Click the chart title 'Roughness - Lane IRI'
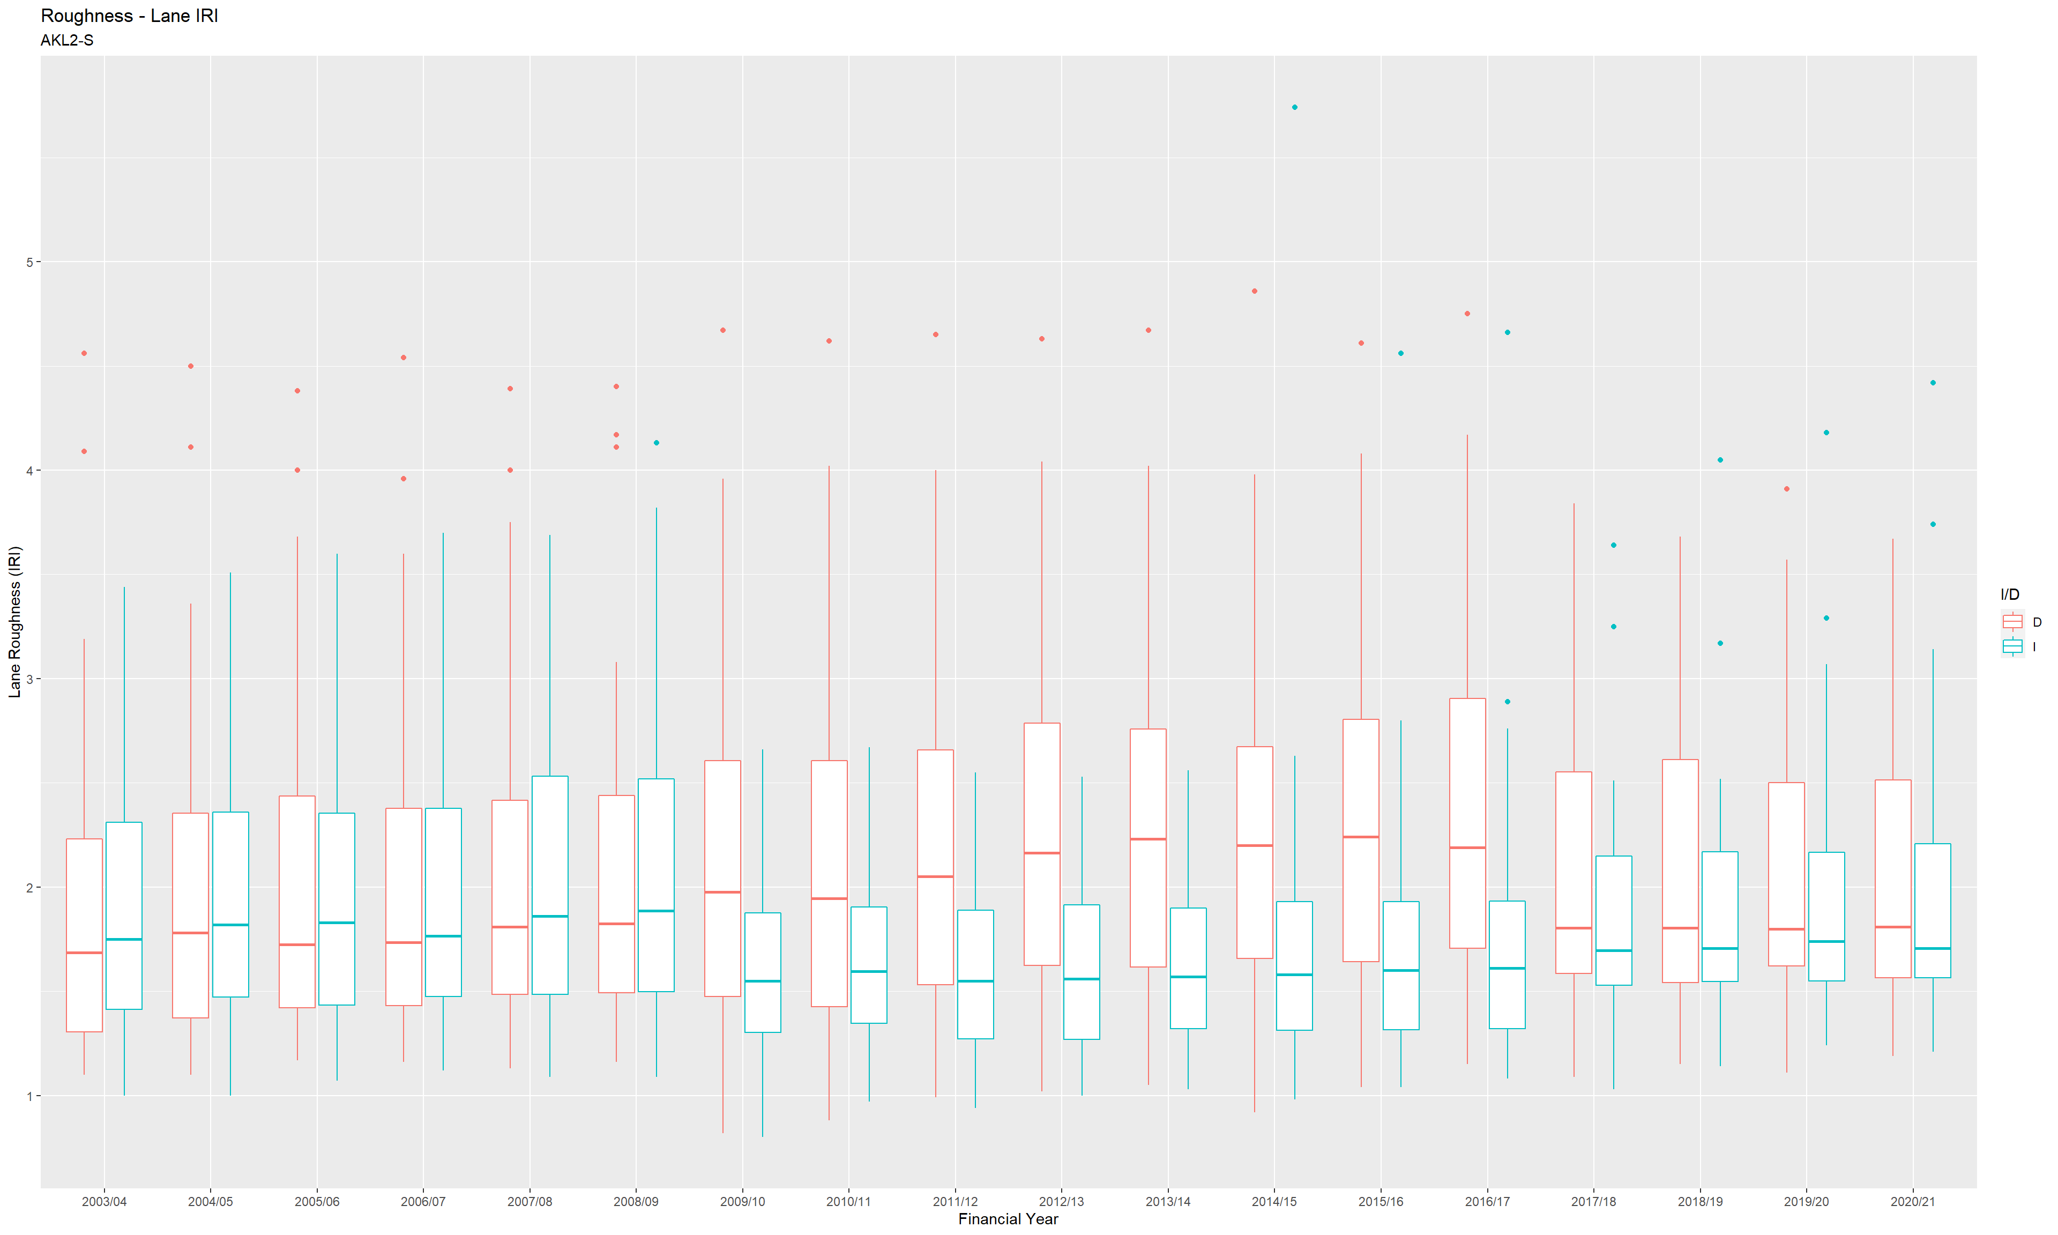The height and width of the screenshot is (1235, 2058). pyautogui.click(x=129, y=16)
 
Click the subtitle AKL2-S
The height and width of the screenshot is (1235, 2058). pyautogui.click(x=66, y=40)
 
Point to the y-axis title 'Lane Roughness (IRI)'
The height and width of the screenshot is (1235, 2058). pyautogui.click(x=14, y=622)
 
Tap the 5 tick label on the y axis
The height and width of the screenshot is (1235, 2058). pyautogui.click(x=30, y=262)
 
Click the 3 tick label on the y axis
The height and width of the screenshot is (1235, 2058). pyautogui.click(x=30, y=679)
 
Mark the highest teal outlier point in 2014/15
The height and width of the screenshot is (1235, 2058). pyautogui.click(x=1294, y=107)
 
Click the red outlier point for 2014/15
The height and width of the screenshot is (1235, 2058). pyautogui.click(x=1255, y=291)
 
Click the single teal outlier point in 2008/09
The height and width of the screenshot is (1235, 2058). pyautogui.click(x=657, y=443)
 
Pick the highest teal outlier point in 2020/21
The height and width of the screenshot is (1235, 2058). pyautogui.click(x=1933, y=383)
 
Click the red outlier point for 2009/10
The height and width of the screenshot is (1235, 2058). pyautogui.click(x=723, y=330)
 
